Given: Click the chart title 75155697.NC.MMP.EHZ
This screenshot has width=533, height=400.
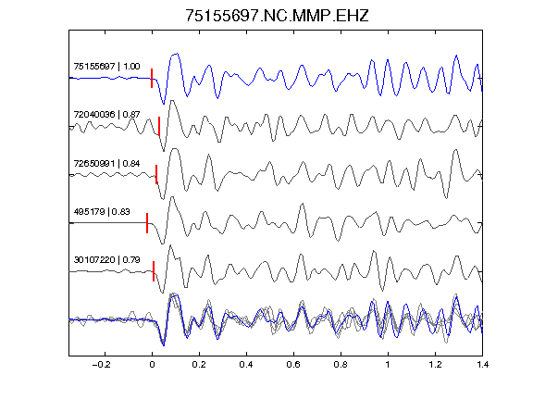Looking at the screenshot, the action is pyautogui.click(x=277, y=16).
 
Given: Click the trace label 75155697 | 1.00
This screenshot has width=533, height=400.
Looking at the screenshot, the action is pyautogui.click(x=106, y=66).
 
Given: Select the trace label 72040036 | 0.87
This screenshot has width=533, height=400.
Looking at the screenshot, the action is pyautogui.click(x=106, y=114).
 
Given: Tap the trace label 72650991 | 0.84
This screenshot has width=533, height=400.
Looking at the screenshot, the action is pyautogui.click(x=106, y=164).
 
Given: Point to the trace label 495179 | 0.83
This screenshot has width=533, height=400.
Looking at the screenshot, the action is pyautogui.click(x=102, y=211).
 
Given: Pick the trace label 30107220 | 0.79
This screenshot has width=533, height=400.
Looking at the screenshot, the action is pyautogui.click(x=106, y=260).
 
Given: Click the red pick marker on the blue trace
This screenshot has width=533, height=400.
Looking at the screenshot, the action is pyautogui.click(x=152, y=78).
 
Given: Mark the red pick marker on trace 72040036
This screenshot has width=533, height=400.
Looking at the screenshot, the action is pyautogui.click(x=159, y=126).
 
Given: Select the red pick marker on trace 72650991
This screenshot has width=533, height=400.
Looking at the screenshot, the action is pyautogui.click(x=156, y=174).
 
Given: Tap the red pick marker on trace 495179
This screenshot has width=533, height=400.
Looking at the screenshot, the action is pyautogui.click(x=147, y=223).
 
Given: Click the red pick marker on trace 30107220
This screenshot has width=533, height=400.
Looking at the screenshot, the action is pyautogui.click(x=154, y=271).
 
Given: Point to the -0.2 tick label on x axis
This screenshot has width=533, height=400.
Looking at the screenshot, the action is pyautogui.click(x=102, y=365).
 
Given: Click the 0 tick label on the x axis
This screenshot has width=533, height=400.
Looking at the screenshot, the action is pyautogui.click(x=152, y=365).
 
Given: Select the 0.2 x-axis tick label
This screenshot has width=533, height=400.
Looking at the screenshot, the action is pyautogui.click(x=199, y=365).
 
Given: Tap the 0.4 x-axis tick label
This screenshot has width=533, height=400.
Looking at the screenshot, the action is pyautogui.click(x=246, y=365).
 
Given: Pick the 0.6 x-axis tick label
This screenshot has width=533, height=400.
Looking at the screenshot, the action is pyautogui.click(x=293, y=365).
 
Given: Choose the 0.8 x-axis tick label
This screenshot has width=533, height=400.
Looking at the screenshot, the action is pyautogui.click(x=341, y=365).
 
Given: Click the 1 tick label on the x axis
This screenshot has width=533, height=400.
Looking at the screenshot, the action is pyautogui.click(x=388, y=365).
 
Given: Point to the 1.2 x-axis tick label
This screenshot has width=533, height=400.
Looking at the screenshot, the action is pyautogui.click(x=435, y=365).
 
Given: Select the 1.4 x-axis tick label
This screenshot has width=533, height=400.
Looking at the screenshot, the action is pyautogui.click(x=482, y=365).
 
